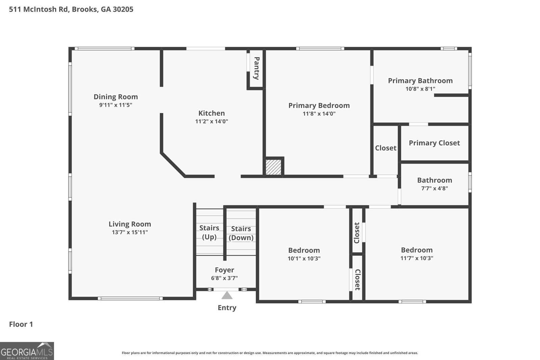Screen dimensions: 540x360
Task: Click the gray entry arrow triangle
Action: (x=227, y=296)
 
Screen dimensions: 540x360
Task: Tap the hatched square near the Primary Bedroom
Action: (x=273, y=167)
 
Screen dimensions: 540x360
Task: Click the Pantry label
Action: (x=256, y=68)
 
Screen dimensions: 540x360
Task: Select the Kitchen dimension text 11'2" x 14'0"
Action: (x=211, y=121)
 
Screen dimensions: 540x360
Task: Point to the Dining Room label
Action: (x=116, y=96)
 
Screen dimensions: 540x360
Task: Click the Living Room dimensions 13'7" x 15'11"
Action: (x=130, y=232)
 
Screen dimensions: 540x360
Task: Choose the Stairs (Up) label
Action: (x=209, y=232)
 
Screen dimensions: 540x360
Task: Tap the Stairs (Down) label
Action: (x=241, y=233)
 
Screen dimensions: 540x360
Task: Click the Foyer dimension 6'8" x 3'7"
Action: (x=224, y=278)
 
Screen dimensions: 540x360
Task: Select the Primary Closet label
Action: (x=434, y=143)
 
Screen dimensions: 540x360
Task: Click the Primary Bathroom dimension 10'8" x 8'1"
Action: (x=420, y=89)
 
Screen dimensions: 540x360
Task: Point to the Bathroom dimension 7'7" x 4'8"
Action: (x=434, y=188)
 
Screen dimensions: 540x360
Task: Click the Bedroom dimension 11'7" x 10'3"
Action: (x=417, y=258)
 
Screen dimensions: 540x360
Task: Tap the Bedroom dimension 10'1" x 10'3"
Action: (x=304, y=258)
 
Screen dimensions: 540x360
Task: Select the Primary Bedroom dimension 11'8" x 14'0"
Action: (x=319, y=113)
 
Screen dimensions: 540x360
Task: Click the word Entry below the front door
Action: (x=227, y=308)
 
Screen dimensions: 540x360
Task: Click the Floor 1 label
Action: (x=21, y=324)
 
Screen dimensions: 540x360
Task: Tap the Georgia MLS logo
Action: (x=27, y=351)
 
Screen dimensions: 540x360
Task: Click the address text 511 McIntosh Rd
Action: (x=38, y=9)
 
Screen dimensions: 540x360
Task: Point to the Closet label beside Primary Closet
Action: (x=385, y=148)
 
